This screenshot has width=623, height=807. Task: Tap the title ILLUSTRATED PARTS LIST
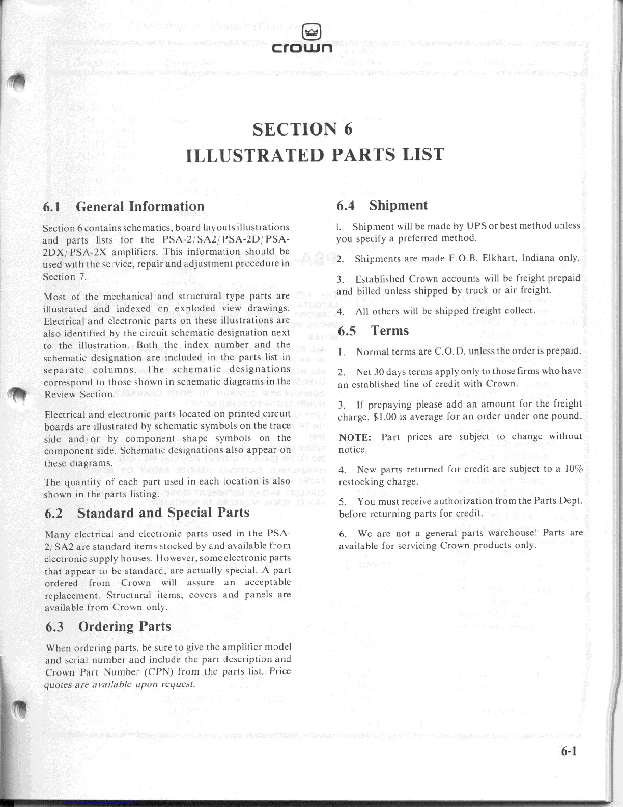coord(315,154)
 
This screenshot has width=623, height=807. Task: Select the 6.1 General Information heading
coord(124,206)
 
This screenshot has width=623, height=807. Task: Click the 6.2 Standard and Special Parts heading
coord(147,513)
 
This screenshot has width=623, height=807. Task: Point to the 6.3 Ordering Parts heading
coord(108,627)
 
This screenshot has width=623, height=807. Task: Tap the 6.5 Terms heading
coord(374,331)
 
